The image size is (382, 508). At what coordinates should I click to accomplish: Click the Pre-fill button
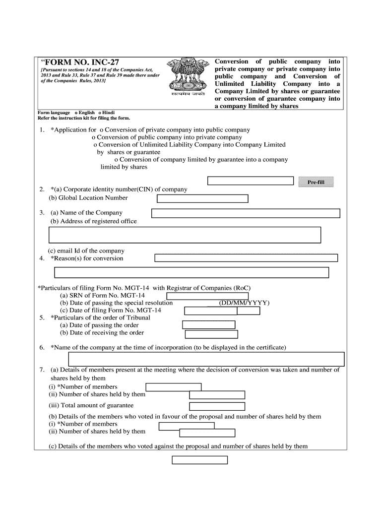point(316,183)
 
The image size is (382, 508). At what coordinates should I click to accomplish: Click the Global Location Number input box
point(202,199)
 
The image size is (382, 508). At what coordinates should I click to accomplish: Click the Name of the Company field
point(246,213)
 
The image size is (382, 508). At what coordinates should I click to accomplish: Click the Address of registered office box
point(185,235)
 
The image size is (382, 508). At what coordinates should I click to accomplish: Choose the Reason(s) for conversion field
point(246,258)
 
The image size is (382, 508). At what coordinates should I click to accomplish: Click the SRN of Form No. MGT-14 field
point(200,296)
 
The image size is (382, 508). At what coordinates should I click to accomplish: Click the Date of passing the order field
point(208,325)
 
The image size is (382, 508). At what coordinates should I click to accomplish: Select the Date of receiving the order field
point(211,334)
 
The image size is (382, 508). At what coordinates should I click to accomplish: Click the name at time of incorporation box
point(206,359)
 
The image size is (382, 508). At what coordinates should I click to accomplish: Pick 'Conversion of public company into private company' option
point(94,137)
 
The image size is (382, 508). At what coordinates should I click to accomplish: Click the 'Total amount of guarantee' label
point(91,405)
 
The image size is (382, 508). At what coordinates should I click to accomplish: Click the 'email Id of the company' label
point(86,251)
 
